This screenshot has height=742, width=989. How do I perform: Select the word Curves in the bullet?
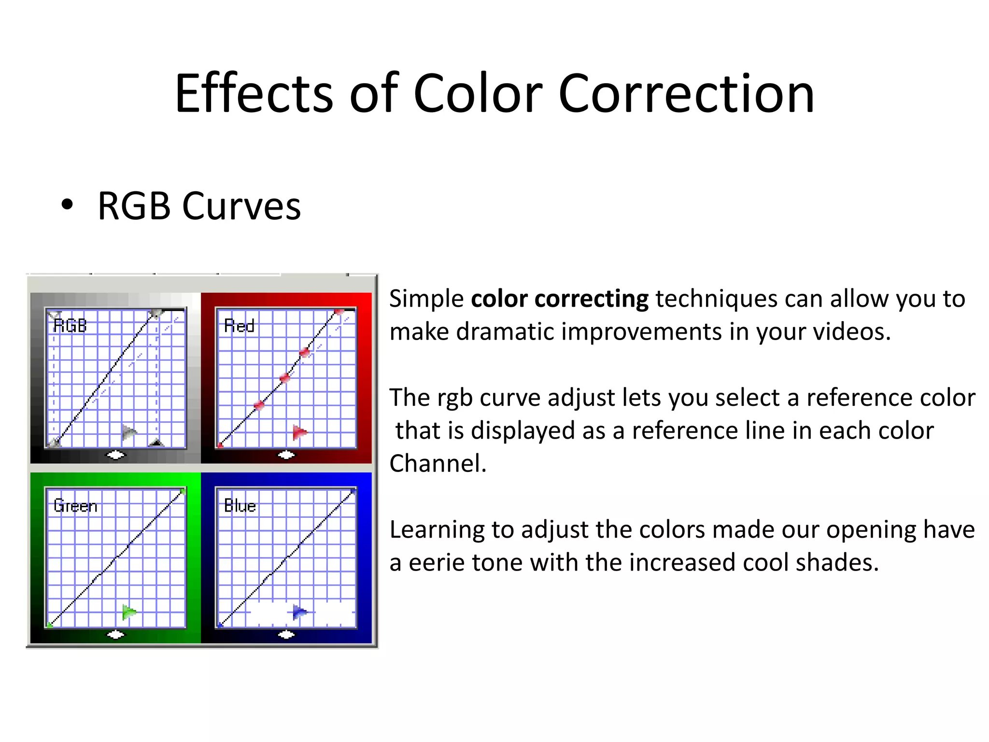(x=241, y=206)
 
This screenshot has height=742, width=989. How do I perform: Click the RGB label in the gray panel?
(x=70, y=326)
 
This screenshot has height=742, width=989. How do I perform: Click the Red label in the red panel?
(x=239, y=326)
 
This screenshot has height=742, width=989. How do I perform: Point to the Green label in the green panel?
(x=75, y=506)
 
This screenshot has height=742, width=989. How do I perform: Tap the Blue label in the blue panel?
(x=240, y=506)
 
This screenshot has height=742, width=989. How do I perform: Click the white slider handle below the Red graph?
(x=286, y=455)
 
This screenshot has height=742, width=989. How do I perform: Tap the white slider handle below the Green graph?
(x=115, y=634)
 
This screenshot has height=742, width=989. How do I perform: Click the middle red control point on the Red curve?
(x=285, y=377)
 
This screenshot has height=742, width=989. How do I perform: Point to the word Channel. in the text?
(x=438, y=463)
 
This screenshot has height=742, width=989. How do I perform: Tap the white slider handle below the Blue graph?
(x=286, y=634)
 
